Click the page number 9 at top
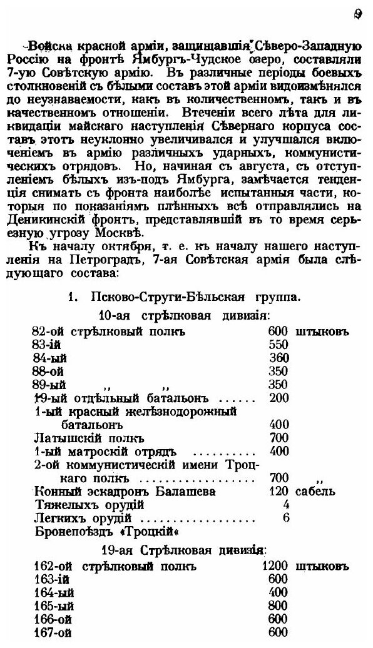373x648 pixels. pyautogui.click(x=357, y=14)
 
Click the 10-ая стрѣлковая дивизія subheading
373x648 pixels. pyautogui.click(x=188, y=315)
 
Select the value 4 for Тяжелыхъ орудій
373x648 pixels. pyautogui.click(x=285, y=504)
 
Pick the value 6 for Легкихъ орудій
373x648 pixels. pyautogui.click(x=285, y=517)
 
